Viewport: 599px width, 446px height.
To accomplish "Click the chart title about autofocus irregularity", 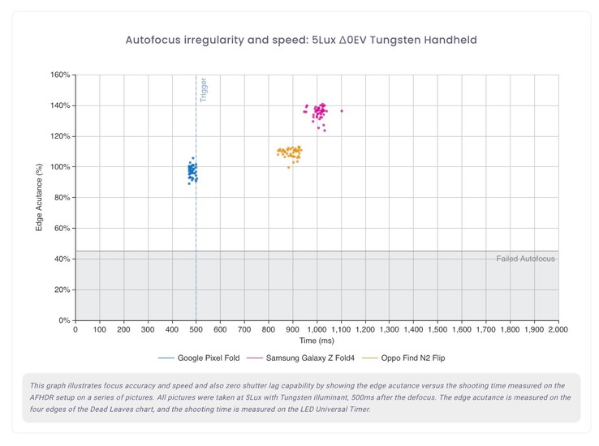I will pyautogui.click(x=299, y=40).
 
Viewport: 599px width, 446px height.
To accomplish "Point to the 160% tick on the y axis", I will pyautogui.click(x=61, y=75).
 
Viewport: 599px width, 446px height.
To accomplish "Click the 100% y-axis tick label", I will pyautogui.click(x=61, y=167).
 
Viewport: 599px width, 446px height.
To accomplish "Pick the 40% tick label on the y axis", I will pyautogui.click(x=62, y=259).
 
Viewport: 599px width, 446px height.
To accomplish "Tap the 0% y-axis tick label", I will pyautogui.click(x=65, y=321).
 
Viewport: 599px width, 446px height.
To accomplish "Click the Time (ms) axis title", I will pyautogui.click(x=317, y=341).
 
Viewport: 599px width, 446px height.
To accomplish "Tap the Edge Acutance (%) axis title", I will pyautogui.click(x=39, y=198).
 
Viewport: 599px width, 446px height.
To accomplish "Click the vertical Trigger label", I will pyautogui.click(x=203, y=90).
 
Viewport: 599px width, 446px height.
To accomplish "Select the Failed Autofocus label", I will pyautogui.click(x=525, y=259).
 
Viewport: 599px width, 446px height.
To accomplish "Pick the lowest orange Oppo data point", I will pyautogui.click(x=288, y=167).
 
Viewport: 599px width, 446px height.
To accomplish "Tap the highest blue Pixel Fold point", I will pyautogui.click(x=192, y=157).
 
